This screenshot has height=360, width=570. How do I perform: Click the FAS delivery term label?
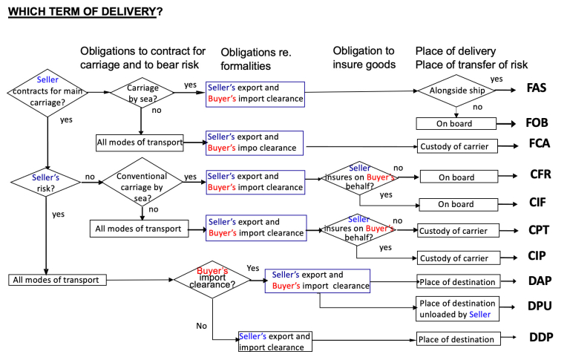pos(537,88)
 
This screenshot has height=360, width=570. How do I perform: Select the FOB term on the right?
pos(537,123)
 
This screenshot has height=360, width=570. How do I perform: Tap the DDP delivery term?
pos(541,337)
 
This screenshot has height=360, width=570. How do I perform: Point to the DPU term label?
pos(540,305)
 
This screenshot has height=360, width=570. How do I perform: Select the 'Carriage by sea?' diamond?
pos(141,92)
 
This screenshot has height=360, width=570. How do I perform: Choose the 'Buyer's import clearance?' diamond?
pos(212,281)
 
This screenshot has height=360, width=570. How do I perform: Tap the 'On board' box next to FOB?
pos(455,124)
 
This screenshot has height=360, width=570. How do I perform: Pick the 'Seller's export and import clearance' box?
pos(275,341)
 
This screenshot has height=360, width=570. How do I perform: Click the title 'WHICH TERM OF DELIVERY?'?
pos(85,13)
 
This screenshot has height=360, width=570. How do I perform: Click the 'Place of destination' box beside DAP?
pos(456,282)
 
